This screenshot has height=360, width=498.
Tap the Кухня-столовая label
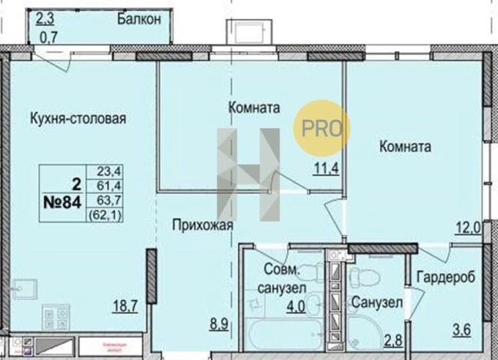click(78, 118)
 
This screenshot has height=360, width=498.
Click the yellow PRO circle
click(323, 128)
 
